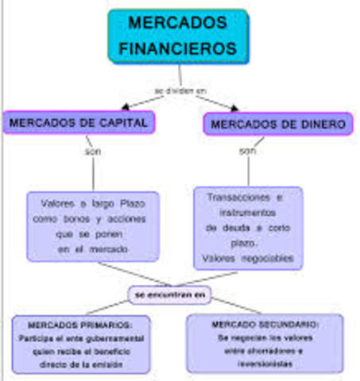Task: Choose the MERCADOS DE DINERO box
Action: (278, 125)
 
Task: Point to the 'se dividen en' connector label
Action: (180, 90)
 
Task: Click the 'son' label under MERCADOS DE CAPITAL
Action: (93, 151)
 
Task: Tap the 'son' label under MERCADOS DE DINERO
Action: (248, 150)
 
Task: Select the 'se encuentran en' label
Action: (171, 294)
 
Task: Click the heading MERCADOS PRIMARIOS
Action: (79, 325)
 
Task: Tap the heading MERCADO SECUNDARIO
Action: (265, 325)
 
